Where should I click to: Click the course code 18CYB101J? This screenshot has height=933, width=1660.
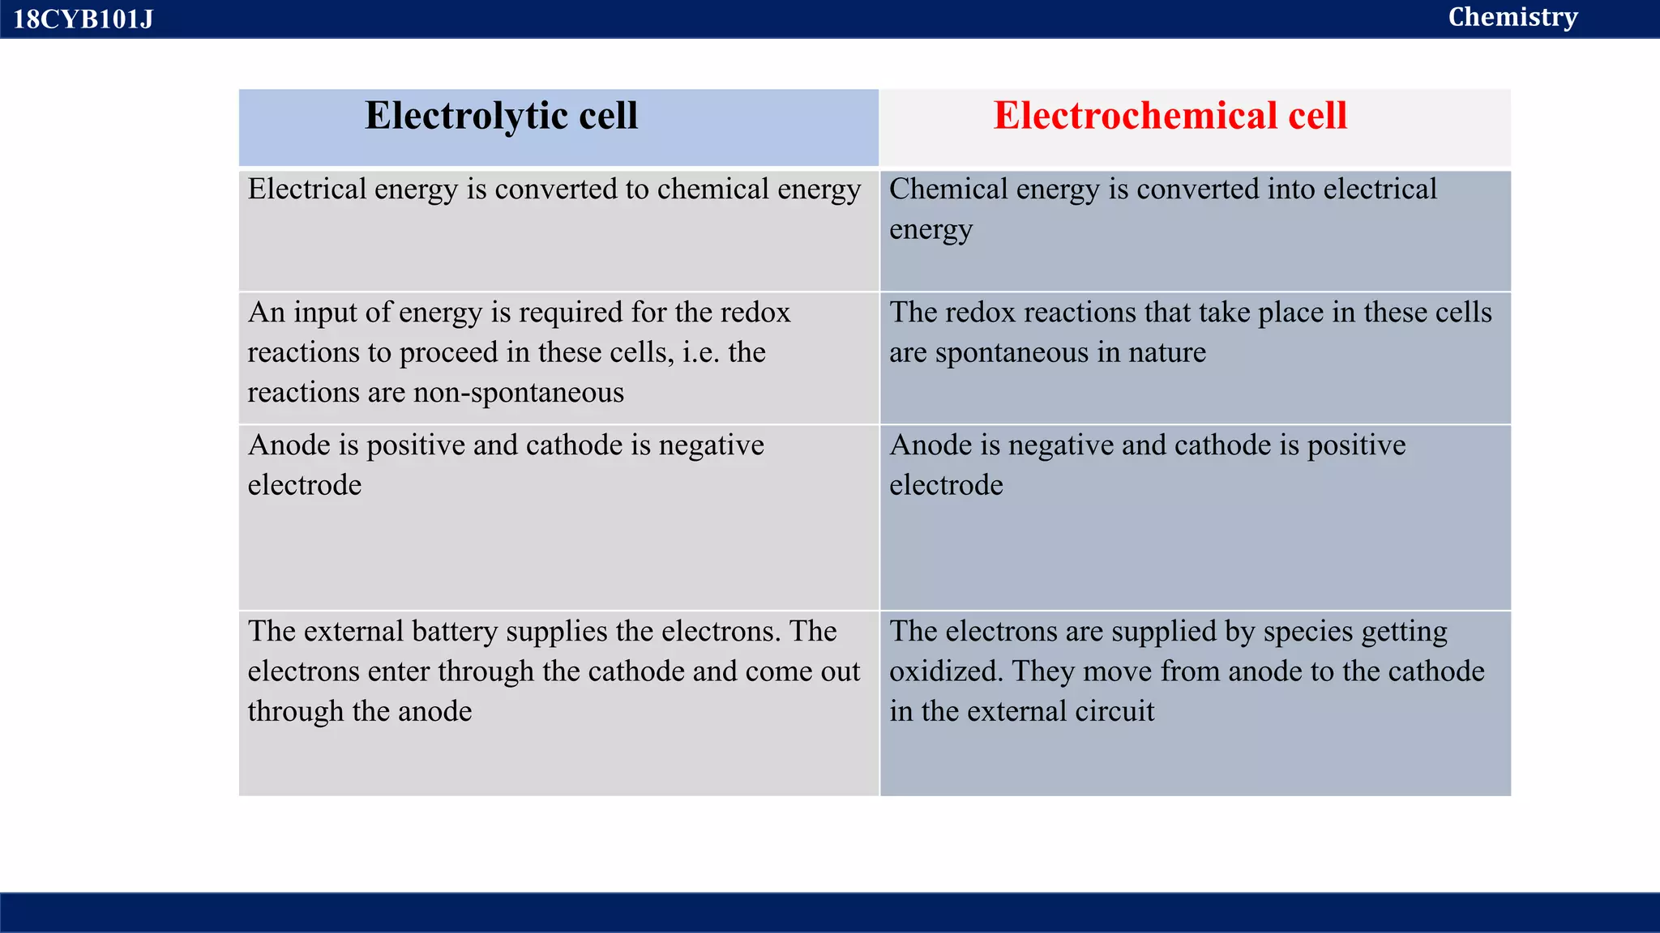(x=83, y=19)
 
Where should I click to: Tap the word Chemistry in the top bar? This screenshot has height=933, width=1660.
(x=1512, y=17)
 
